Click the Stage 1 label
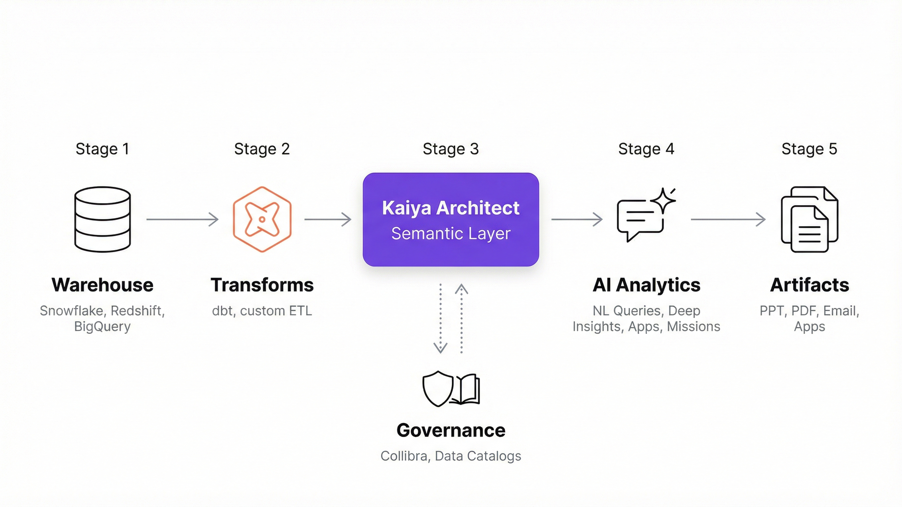(102, 149)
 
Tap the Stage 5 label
(809, 149)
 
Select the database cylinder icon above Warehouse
(102, 219)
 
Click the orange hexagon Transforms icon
(262, 219)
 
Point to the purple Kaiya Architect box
(451, 219)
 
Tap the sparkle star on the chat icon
(663, 200)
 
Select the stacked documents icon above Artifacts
(809, 219)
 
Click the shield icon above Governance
(437, 389)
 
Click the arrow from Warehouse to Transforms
(182, 219)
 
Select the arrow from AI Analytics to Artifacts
(728, 219)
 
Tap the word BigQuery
(102, 327)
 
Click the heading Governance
(451, 430)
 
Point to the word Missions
(693, 327)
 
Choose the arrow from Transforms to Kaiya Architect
(328, 219)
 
